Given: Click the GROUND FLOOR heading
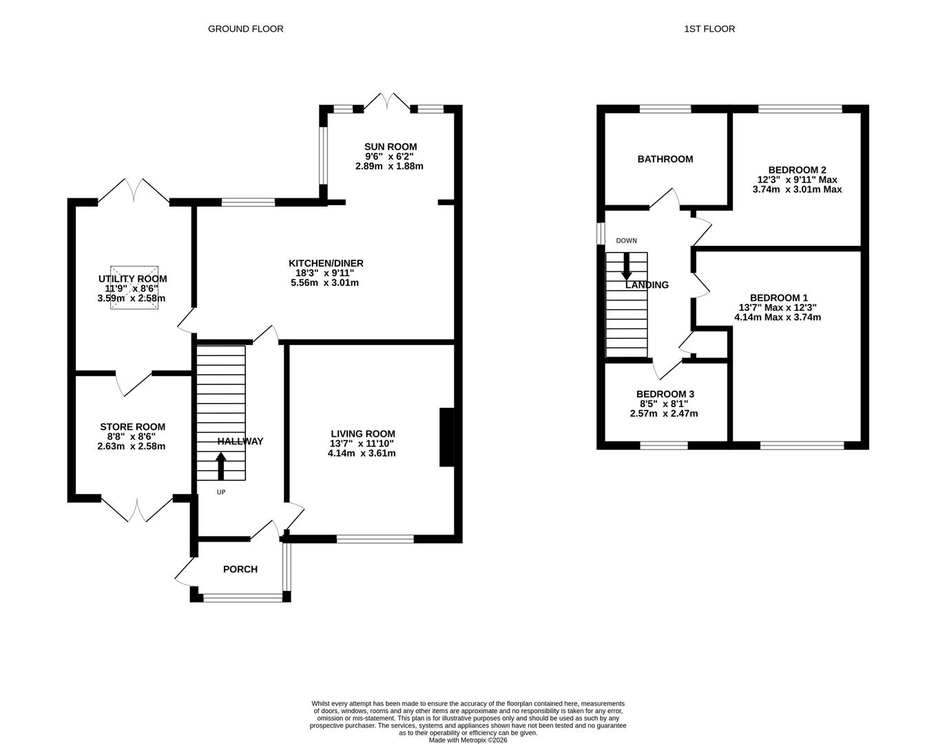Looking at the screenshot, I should coord(245,29).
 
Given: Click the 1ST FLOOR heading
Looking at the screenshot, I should coord(709,29).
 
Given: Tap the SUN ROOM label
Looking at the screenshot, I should coord(391,147).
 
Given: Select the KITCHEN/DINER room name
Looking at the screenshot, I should coord(326,263).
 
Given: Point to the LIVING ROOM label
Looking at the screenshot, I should coord(362,433).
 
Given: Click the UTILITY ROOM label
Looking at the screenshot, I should coord(132,279).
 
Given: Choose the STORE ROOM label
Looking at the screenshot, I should coord(132,427).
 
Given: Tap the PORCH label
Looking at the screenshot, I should coord(240,569).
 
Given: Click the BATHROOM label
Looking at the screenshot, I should coord(665,159).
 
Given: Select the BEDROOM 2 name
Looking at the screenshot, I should coord(797,169).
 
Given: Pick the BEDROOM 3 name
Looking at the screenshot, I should coord(665,394).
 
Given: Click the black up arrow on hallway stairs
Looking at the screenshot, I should coord(221,466).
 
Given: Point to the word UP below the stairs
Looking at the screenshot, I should coord(221,492).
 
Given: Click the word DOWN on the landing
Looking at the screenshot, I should coord(626,240).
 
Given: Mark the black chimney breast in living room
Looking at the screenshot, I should coord(447,438).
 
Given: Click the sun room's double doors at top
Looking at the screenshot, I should coord(386,101).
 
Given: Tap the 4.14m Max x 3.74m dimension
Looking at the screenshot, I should coord(778,318).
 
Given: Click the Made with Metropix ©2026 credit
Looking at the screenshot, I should coord(468,741).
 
